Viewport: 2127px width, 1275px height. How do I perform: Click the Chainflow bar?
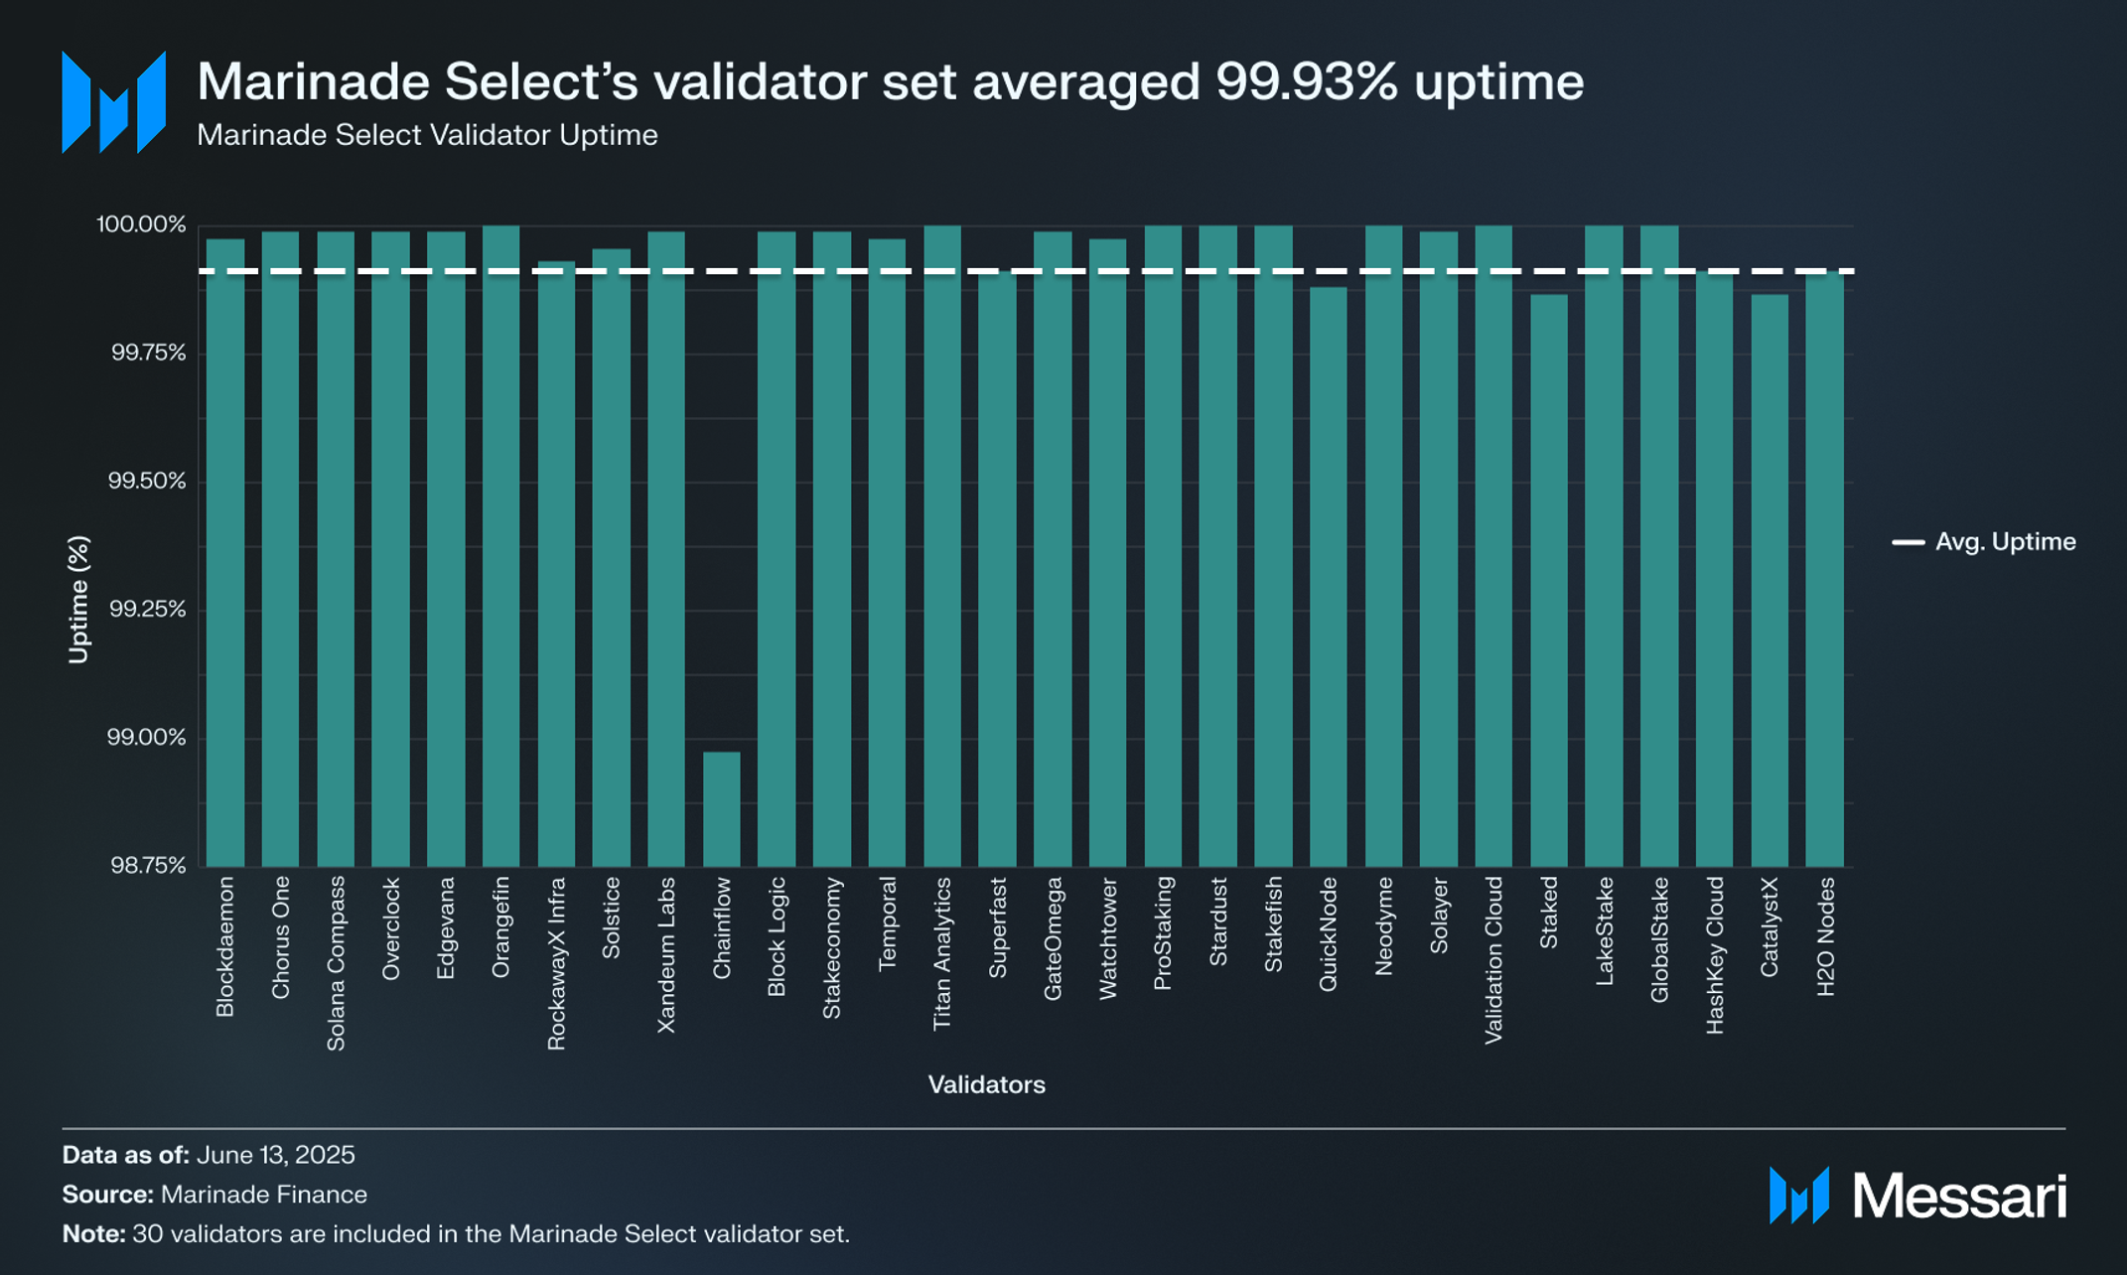(x=722, y=808)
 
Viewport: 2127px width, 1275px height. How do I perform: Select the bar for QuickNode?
(x=1329, y=576)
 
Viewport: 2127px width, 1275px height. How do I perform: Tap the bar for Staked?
(x=1549, y=580)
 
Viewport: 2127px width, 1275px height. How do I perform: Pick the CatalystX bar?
(x=1770, y=580)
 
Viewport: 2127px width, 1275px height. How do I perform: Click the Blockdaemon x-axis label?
(x=225, y=946)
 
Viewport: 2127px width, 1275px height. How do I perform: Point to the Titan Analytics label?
(x=942, y=953)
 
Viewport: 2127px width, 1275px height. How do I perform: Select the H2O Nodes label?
(x=1825, y=936)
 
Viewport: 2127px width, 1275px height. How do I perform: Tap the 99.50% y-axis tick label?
(x=147, y=482)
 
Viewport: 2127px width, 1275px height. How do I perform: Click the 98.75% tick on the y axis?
(x=148, y=866)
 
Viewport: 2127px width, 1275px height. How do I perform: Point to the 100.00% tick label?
(x=141, y=224)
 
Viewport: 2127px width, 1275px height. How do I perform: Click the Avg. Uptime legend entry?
(x=1984, y=542)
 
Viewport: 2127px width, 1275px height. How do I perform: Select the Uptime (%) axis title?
(x=78, y=599)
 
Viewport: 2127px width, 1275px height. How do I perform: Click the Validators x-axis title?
(x=986, y=1084)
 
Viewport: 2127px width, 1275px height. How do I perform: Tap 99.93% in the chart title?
(x=1306, y=81)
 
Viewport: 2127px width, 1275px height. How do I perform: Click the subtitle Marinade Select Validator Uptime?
(x=427, y=135)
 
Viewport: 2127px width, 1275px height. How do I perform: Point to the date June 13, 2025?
(x=275, y=1155)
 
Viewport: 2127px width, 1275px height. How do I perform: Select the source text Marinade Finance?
(x=263, y=1195)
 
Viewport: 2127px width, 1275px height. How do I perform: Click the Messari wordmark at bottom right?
(x=1959, y=1196)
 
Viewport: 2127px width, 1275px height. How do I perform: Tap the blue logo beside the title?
(x=113, y=102)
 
